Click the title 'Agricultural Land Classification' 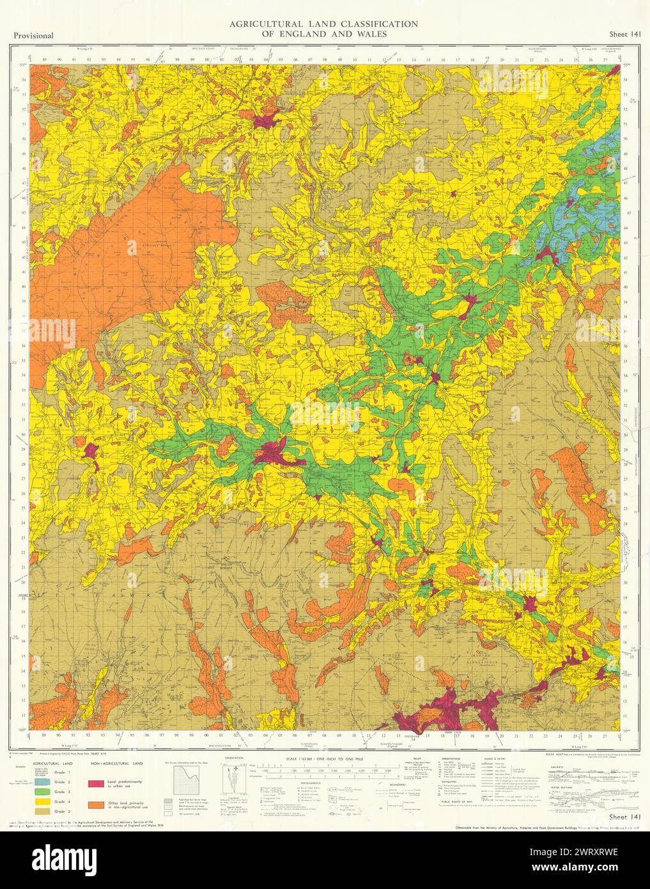(323, 24)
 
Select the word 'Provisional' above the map (32, 36)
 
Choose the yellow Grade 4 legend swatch (43, 801)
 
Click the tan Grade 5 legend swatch (43, 811)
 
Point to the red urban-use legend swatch (97, 783)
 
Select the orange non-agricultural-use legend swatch (97, 803)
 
